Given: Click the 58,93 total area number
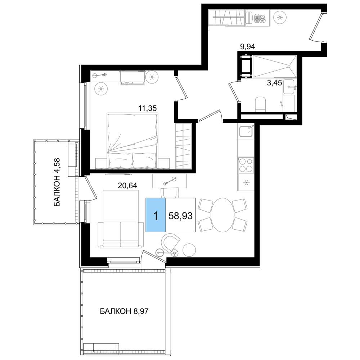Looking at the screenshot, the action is [180, 216].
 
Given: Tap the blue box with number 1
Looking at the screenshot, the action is [156, 215].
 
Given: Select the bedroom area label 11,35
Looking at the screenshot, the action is [147, 108].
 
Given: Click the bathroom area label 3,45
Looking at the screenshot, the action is [274, 83].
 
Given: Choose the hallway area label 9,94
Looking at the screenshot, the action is [248, 47].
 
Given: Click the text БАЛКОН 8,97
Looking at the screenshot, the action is [124, 311].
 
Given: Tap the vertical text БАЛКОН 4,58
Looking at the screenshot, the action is [57, 182].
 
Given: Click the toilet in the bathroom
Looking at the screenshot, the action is [260, 104].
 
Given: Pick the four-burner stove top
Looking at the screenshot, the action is [246, 165].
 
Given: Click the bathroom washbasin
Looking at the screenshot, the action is [289, 86].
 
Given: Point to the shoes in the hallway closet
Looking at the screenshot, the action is [260, 18].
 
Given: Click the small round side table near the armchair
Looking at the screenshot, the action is [189, 250].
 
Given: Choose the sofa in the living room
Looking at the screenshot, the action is [121, 234].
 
